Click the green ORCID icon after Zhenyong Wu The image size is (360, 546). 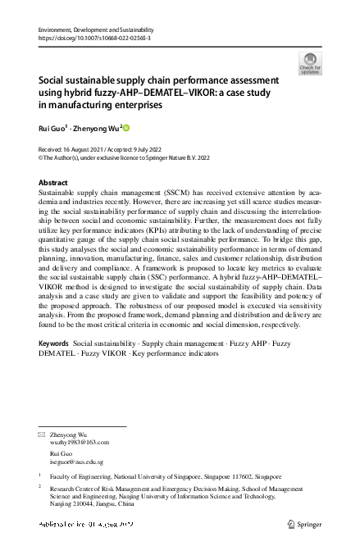pyautogui.click(x=126, y=128)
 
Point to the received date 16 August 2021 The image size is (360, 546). pyautogui.click(x=91, y=149)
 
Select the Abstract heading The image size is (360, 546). pyautogui.click(x=54, y=182)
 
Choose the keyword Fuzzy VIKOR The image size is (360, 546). pyautogui.click(x=106, y=376)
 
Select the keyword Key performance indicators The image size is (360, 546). pyautogui.click(x=179, y=376)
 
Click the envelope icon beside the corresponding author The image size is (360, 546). pyautogui.click(x=42, y=432)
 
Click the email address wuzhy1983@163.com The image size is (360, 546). pyautogui.click(x=80, y=441)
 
